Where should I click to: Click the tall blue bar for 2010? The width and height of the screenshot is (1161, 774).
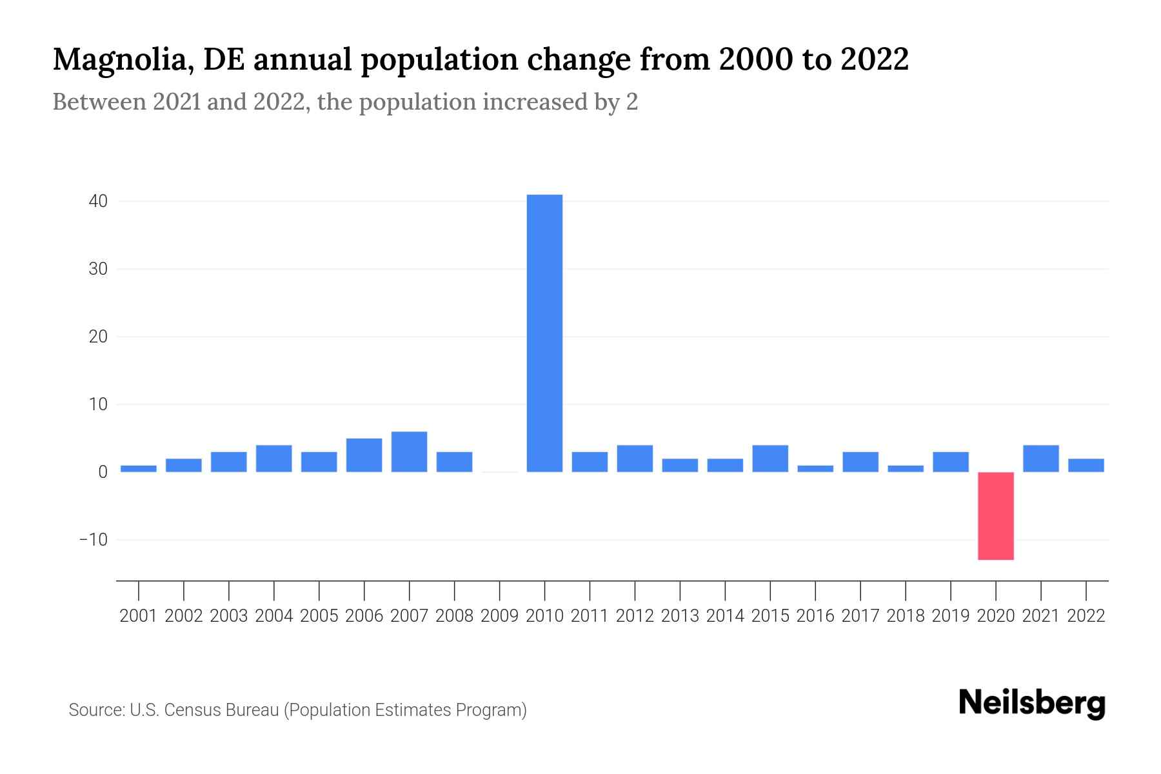(x=544, y=333)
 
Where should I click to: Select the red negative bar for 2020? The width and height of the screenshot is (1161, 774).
(x=995, y=516)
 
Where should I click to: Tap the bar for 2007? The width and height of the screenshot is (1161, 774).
(x=409, y=451)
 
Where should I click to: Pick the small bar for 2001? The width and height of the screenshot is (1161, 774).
(x=139, y=469)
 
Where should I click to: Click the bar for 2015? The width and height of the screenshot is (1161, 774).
(x=770, y=459)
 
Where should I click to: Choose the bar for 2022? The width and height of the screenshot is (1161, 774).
(x=1086, y=465)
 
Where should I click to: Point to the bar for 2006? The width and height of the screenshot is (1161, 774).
(x=364, y=455)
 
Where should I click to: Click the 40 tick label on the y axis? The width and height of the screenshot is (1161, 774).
(x=98, y=201)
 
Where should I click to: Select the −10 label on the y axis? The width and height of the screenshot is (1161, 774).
(x=93, y=539)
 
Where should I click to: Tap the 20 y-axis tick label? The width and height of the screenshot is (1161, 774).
(x=98, y=337)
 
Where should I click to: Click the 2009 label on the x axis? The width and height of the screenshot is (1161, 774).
(x=499, y=616)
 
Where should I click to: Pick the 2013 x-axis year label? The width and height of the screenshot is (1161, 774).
(x=680, y=616)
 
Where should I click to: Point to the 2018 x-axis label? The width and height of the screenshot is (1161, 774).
(x=906, y=616)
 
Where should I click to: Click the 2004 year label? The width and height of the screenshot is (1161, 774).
(x=273, y=616)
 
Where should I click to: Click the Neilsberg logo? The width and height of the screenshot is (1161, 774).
(x=1032, y=703)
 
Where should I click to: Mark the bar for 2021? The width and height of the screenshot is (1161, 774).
(x=1040, y=459)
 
